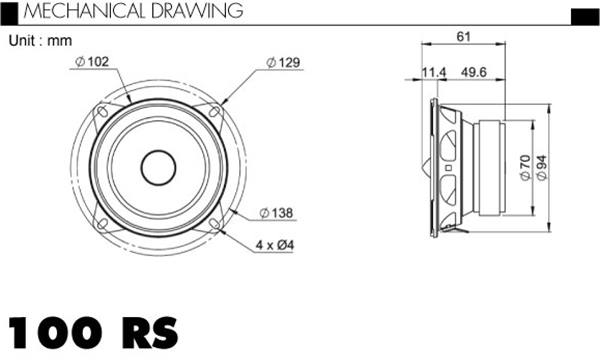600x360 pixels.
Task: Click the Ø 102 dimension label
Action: click(x=92, y=61)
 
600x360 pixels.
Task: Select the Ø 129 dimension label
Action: click(x=283, y=62)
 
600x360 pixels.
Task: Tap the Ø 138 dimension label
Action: click(x=276, y=213)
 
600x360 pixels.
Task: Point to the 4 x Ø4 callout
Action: click(x=275, y=245)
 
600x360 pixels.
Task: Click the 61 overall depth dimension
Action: click(x=463, y=37)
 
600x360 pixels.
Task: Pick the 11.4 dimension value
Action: click(x=434, y=72)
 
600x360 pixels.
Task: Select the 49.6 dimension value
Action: click(x=474, y=72)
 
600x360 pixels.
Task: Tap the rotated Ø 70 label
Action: click(x=525, y=167)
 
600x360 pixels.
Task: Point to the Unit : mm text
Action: click(x=40, y=41)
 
